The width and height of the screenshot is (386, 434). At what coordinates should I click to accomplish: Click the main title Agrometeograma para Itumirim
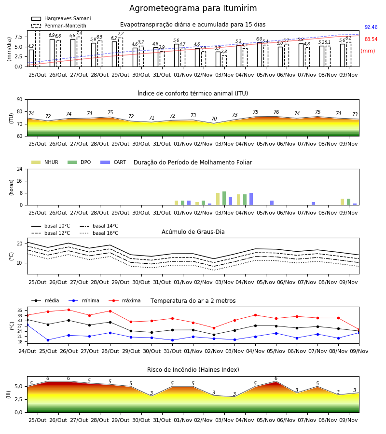tap(193, 8)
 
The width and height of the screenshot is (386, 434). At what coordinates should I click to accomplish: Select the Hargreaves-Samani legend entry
tap(61, 18)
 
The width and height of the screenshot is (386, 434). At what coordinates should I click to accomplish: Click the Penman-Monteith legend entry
tap(59, 26)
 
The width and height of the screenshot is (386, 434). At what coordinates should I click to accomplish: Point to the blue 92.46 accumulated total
tap(371, 27)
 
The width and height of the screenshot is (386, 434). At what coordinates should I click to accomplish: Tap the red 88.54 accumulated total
tap(371, 40)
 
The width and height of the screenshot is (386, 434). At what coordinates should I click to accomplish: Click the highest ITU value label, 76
tap(276, 112)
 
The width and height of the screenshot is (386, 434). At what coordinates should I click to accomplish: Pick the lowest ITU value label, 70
tap(214, 119)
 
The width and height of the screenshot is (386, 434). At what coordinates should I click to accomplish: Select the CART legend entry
tap(113, 162)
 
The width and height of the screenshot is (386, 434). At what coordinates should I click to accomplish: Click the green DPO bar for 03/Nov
tap(224, 198)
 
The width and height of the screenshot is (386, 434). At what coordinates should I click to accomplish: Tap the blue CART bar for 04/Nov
tap(251, 199)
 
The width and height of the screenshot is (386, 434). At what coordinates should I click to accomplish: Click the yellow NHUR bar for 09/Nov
tap(342, 202)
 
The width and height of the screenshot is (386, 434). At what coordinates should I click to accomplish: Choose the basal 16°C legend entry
tap(99, 233)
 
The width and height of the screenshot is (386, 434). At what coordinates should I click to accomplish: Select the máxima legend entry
tap(124, 300)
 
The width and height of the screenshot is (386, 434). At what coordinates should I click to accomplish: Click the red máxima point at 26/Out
tap(69, 310)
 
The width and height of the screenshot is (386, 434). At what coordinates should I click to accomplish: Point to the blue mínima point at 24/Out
tap(27, 325)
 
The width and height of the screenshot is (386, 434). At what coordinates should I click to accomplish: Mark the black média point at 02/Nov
tap(214, 335)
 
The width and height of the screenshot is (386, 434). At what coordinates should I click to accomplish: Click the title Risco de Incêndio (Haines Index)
tap(193, 370)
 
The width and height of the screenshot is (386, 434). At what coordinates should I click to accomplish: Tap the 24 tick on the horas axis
tap(20, 169)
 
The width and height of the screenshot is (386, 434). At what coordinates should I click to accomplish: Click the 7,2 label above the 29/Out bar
tap(121, 34)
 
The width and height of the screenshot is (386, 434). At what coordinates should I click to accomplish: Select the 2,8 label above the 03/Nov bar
tap(224, 52)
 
